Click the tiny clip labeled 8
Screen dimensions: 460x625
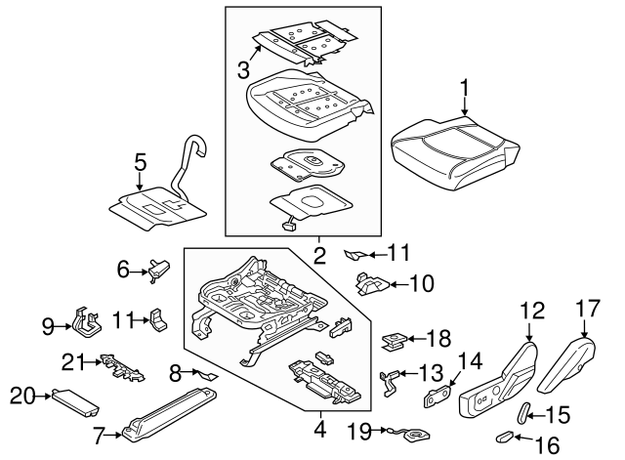208,373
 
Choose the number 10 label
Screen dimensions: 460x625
421,285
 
